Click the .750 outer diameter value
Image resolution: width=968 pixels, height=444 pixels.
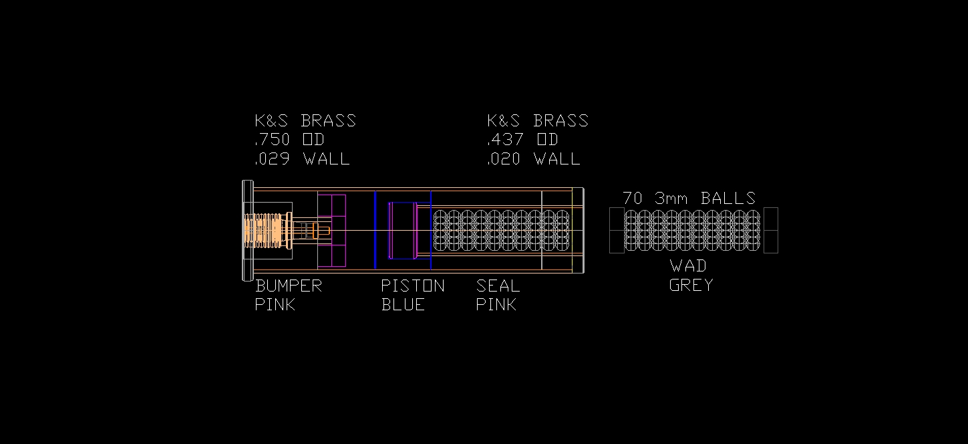pyautogui.click(x=273, y=140)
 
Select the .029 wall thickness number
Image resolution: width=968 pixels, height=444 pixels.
pyautogui.click(x=273, y=159)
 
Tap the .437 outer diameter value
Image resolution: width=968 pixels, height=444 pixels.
pyautogui.click(x=505, y=140)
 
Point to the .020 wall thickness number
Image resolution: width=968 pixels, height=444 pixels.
pyautogui.click(x=505, y=159)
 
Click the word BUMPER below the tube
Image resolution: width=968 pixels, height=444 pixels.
pyautogui.click(x=289, y=286)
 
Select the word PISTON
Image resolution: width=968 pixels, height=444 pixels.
pyautogui.click(x=413, y=286)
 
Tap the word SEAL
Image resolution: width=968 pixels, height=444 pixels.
pyautogui.click(x=498, y=286)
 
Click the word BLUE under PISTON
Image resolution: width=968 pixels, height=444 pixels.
pyautogui.click(x=403, y=305)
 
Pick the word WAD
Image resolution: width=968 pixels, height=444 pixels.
pyautogui.click(x=688, y=266)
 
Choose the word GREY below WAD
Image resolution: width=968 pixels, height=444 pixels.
pyautogui.click(x=691, y=285)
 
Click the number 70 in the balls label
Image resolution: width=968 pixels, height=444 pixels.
pyautogui.click(x=633, y=199)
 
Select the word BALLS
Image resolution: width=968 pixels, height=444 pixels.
pyautogui.click(x=728, y=199)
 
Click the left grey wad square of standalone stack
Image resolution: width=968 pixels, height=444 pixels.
pyautogui.click(x=617, y=231)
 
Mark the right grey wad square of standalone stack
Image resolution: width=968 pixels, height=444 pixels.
pyautogui.click(x=771, y=231)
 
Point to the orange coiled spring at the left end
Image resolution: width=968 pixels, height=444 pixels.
pyautogui.click(x=264, y=231)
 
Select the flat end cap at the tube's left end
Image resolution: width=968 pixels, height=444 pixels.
pyautogui.click(x=247, y=231)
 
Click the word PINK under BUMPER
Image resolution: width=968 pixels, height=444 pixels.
pyautogui.click(x=275, y=305)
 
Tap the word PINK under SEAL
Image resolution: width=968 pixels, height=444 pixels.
pyautogui.click(x=496, y=305)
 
